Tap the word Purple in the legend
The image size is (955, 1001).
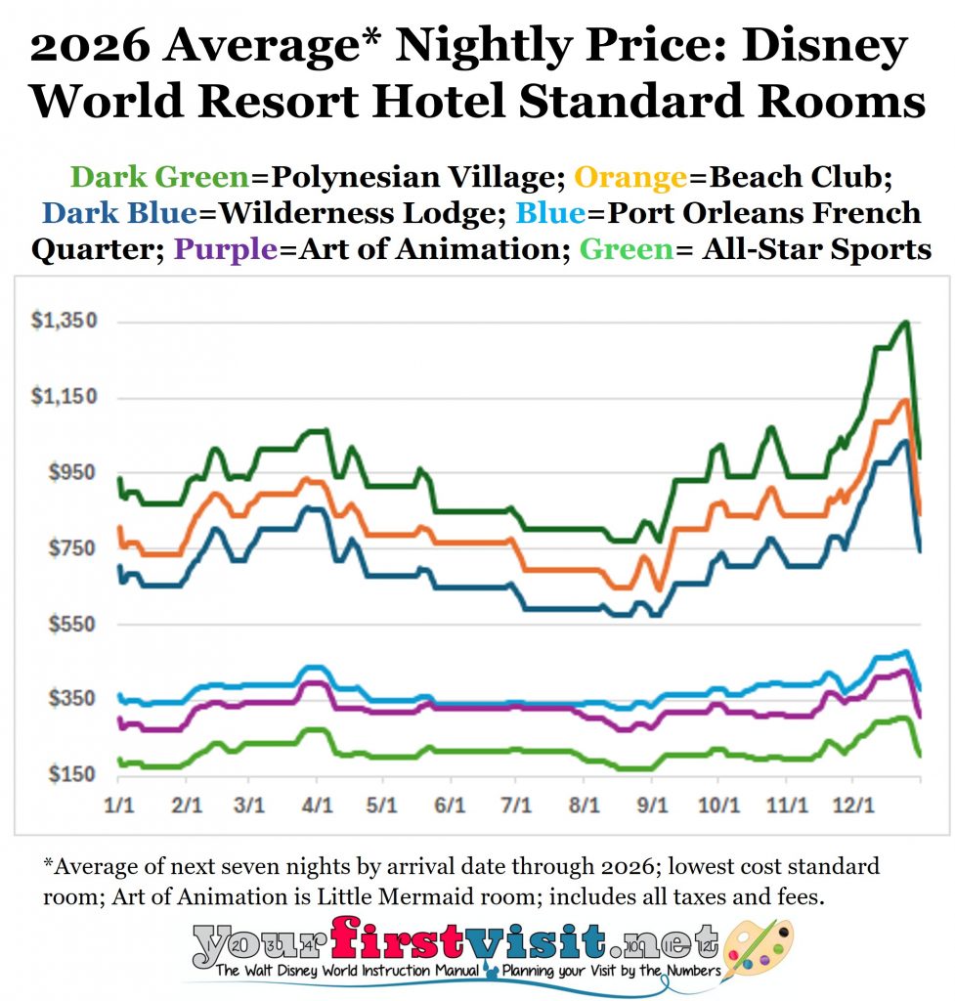(x=225, y=249)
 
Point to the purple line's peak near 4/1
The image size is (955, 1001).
(x=314, y=682)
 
